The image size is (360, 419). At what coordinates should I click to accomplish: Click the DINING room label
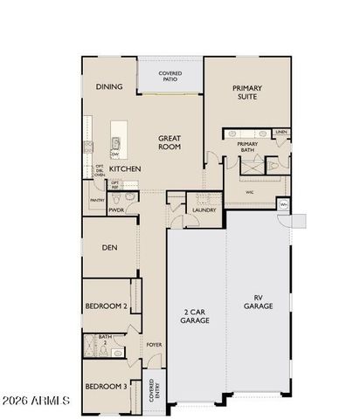click(109, 86)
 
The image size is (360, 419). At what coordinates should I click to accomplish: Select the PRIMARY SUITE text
click(246, 93)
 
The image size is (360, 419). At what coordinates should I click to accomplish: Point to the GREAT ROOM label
click(169, 142)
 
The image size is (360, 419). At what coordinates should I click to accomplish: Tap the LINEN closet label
click(280, 132)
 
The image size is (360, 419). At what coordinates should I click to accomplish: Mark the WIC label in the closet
click(249, 192)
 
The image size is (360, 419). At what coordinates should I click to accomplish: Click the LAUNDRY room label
click(204, 209)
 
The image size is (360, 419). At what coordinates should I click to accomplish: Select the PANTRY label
click(97, 200)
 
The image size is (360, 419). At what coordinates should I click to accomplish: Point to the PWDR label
click(116, 210)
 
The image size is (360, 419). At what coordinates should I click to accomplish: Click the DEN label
click(109, 247)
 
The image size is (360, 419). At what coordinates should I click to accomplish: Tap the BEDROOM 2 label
click(106, 306)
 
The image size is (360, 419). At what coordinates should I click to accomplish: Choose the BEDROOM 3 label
click(106, 386)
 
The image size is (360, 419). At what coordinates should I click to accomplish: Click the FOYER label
click(154, 344)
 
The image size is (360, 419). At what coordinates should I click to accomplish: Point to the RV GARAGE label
click(259, 301)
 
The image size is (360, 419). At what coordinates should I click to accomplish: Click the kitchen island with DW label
click(115, 145)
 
